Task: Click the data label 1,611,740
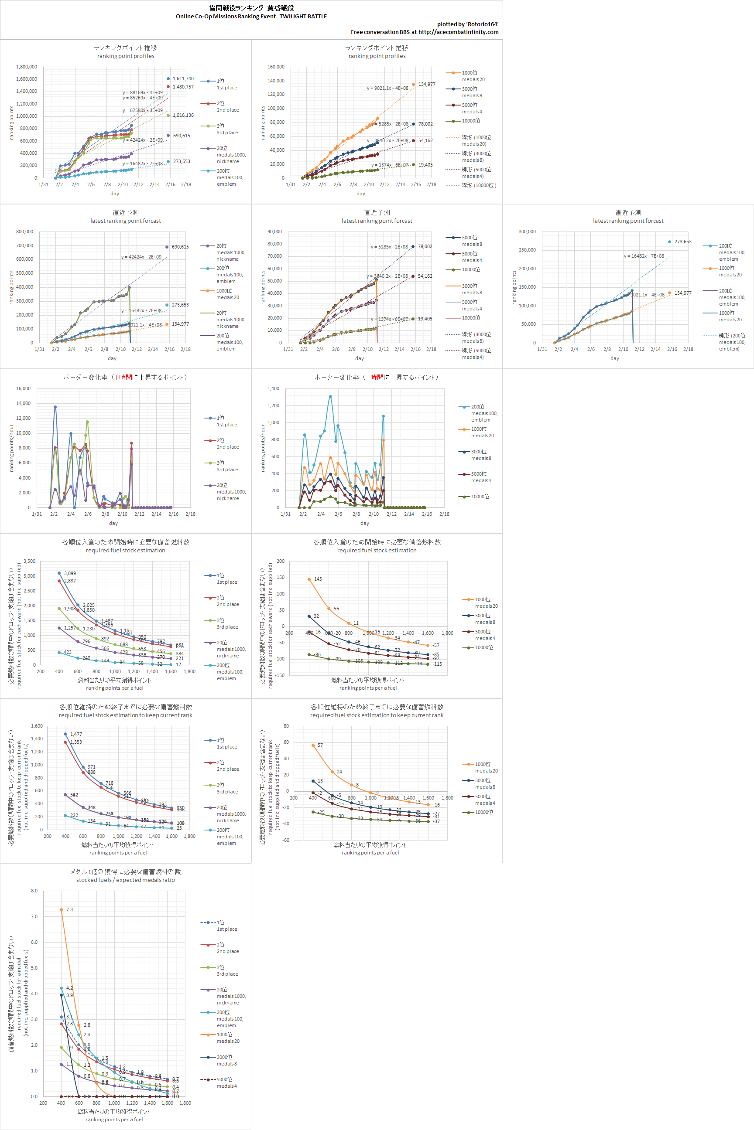[183, 79]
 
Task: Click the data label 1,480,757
[183, 87]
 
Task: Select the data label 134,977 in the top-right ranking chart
[427, 85]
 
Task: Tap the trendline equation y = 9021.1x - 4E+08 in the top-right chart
[387, 88]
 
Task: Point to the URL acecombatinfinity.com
[458, 32]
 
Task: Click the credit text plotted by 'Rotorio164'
[467, 24]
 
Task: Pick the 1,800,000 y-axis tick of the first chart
[27, 67]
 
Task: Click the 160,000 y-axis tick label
[276, 67]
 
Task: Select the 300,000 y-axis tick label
[527, 231]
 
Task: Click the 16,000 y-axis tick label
[23, 389]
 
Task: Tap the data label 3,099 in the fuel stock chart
[70, 574]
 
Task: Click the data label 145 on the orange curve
[318, 579]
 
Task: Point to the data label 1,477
[76, 735]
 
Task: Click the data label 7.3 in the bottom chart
[70, 910]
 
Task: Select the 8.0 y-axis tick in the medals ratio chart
[34, 891]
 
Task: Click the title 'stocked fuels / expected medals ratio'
[126, 880]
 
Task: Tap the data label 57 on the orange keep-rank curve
[320, 745]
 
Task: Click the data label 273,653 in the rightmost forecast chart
[683, 242]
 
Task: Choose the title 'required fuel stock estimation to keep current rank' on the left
[126, 715]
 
